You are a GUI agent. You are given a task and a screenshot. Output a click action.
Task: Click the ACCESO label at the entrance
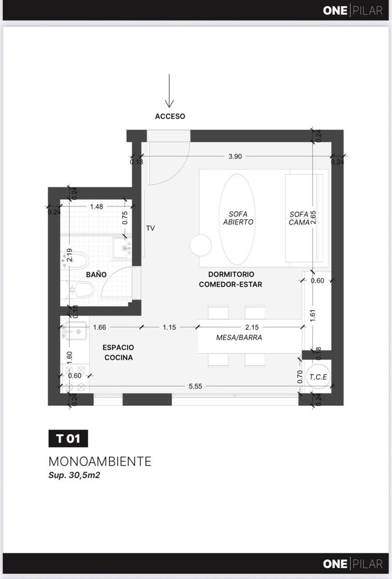point(170,116)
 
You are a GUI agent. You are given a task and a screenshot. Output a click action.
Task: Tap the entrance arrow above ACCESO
point(169,91)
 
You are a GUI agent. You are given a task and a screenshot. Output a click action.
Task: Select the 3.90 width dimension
point(235,156)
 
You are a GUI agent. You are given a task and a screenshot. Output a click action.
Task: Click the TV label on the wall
point(150,228)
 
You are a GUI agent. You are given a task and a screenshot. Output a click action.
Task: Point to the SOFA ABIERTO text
point(238,218)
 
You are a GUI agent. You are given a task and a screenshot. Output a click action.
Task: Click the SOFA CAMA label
point(299,218)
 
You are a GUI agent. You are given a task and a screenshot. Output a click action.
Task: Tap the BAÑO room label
point(96,274)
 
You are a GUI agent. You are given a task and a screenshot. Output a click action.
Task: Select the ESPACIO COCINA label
point(118,352)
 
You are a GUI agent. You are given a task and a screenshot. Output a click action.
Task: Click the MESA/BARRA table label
point(239,337)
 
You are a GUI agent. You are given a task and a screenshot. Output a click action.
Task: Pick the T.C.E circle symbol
point(318,377)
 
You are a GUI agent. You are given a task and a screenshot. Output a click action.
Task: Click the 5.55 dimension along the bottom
point(195,386)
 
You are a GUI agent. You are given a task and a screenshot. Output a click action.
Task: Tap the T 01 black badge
point(68,439)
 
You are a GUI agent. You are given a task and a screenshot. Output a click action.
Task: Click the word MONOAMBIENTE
point(100,462)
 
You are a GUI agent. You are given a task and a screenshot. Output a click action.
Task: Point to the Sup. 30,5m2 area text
point(74,475)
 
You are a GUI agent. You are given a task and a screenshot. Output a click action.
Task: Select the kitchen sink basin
point(76,331)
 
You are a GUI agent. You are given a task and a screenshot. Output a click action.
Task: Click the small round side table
point(201,245)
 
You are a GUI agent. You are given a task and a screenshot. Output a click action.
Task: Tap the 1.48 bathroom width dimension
point(96,207)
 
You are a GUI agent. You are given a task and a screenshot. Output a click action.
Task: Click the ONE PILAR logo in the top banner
point(352,11)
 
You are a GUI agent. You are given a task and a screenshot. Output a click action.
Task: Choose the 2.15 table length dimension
point(252,327)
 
